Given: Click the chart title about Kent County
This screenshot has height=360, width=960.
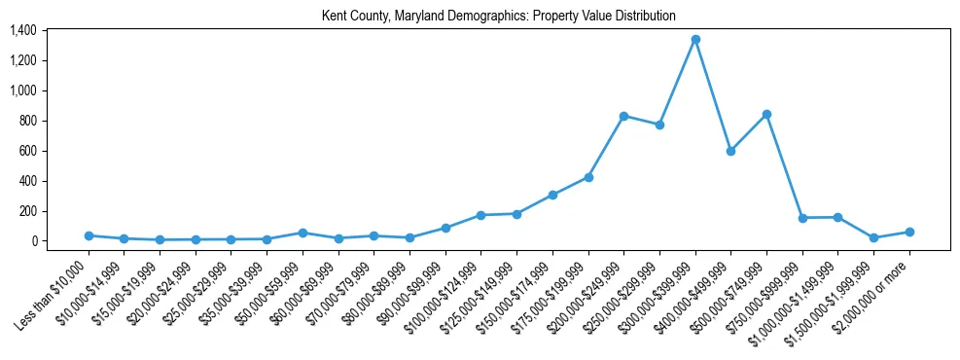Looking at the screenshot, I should point(498,17).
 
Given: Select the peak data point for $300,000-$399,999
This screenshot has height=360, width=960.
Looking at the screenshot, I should point(695,40).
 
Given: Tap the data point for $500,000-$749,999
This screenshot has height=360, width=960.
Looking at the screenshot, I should point(766,115).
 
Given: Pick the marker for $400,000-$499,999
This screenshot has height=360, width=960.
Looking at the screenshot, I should point(730,151).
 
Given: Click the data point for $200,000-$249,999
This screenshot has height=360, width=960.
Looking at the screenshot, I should point(623,116).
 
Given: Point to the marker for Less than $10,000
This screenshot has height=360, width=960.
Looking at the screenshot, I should point(89,235).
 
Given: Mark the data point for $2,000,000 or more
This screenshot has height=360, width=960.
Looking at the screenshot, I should point(909,232).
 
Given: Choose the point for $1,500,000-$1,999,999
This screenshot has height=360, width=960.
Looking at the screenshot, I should point(873,237).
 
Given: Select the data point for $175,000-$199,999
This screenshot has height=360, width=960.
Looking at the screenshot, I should point(588,177).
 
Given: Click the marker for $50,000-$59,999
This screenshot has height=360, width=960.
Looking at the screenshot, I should point(302,233).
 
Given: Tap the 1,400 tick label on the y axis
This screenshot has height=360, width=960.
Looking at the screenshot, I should point(23,31).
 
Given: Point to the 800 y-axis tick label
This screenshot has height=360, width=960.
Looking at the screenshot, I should point(28,122).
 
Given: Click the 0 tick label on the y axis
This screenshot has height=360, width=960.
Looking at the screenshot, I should point(33,241).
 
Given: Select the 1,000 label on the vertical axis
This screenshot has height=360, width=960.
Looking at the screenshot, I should point(23,91).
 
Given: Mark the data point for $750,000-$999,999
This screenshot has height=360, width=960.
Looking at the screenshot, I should point(802,218).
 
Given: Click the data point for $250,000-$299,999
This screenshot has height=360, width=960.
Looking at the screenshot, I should point(659,125).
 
